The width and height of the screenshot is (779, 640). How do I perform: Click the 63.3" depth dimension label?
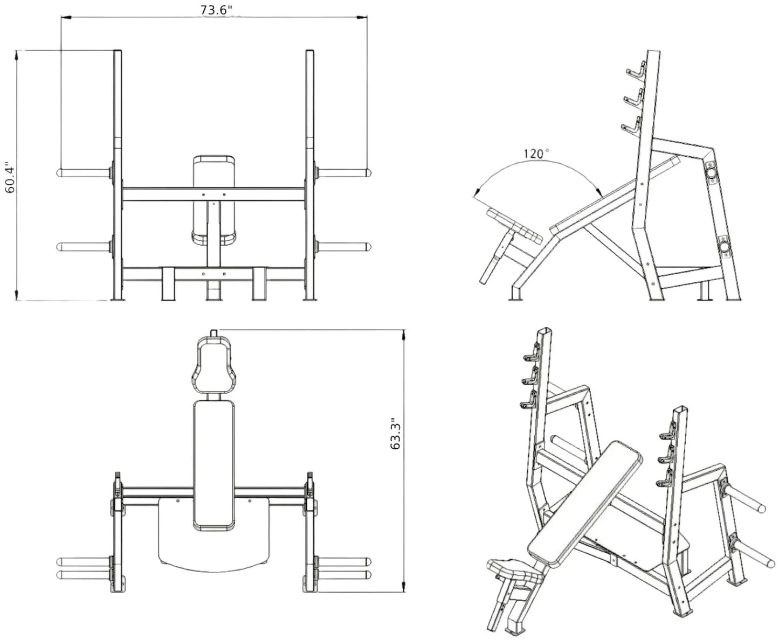pyautogui.click(x=396, y=434)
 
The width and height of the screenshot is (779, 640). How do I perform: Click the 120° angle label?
pyautogui.click(x=535, y=154)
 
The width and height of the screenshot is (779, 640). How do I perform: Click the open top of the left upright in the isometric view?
pyautogui.click(x=543, y=330)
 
